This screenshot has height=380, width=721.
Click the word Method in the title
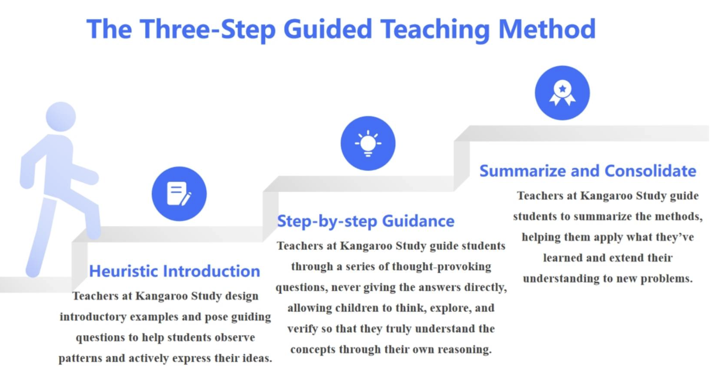(x=547, y=29)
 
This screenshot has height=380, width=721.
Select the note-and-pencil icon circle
(x=179, y=194)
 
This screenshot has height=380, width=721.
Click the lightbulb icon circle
(x=368, y=143)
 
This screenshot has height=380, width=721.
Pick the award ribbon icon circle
(x=562, y=93)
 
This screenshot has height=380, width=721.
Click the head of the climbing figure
(x=61, y=117)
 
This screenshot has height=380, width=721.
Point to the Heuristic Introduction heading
(x=175, y=271)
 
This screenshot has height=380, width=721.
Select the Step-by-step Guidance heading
(x=366, y=221)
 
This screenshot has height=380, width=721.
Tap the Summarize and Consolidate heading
(x=588, y=171)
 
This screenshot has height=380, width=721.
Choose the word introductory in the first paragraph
(x=93, y=317)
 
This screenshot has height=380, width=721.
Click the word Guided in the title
(x=327, y=29)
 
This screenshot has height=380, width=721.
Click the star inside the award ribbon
(x=563, y=89)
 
